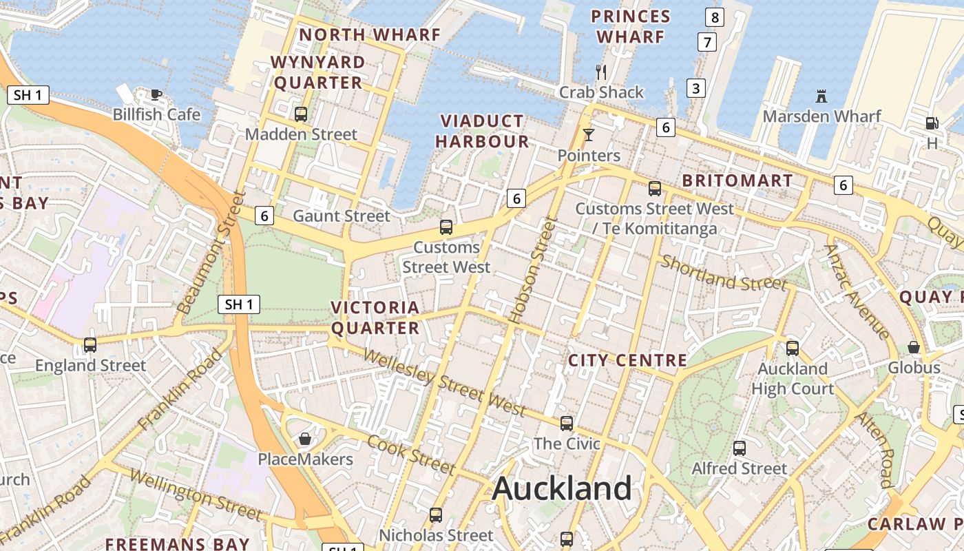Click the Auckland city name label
click(562, 489)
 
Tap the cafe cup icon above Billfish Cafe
click(156, 94)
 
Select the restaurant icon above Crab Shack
click(601, 72)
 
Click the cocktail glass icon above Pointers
click(589, 135)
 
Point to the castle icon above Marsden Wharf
click(821, 96)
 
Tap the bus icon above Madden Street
click(301, 114)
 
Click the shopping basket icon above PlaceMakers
click(305, 439)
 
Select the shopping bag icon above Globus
click(914, 347)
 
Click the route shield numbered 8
click(715, 17)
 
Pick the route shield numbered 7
click(706, 42)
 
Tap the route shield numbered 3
click(696, 88)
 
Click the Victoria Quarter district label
click(375, 318)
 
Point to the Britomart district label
click(737, 181)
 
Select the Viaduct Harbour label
click(482, 132)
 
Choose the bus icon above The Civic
click(567, 424)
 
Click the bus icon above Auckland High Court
click(793, 349)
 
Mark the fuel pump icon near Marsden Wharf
click(932, 123)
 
